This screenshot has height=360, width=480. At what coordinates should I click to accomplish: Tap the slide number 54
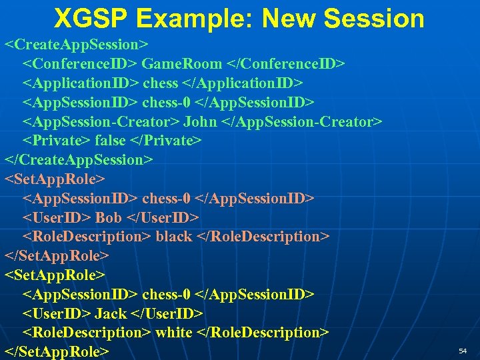pos(463,351)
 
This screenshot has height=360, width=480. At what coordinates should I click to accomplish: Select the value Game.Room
pos(182,64)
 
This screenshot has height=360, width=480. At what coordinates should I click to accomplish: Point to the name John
pos(199,121)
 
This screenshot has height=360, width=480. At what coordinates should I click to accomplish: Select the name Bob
pos(108,218)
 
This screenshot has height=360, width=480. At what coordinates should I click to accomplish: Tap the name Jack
pos(111,313)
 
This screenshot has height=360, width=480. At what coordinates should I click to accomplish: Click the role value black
pos(173,237)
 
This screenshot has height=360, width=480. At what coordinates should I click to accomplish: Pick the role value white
pos(174,333)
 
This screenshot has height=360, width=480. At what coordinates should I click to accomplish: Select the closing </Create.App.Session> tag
pos(79,160)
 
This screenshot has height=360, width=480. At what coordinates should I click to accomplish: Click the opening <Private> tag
pos(57,141)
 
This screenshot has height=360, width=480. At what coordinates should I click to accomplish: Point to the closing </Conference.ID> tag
pos(286,64)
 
